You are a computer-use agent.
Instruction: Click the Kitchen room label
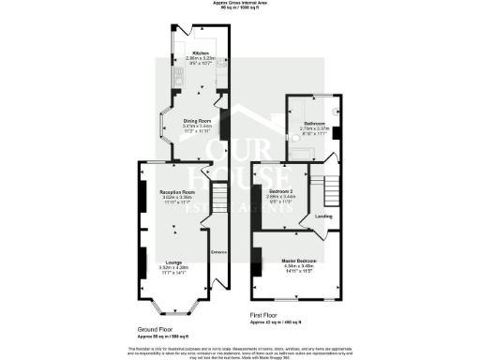point(201,53)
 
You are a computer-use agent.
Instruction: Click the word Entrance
point(217,251)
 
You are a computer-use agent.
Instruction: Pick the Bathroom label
point(313,124)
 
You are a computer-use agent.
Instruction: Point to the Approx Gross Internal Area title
point(240,4)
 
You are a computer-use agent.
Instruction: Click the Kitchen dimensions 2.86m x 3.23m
point(201,59)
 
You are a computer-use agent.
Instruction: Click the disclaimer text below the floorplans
point(240,351)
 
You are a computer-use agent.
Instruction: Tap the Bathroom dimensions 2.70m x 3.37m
point(313,129)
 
